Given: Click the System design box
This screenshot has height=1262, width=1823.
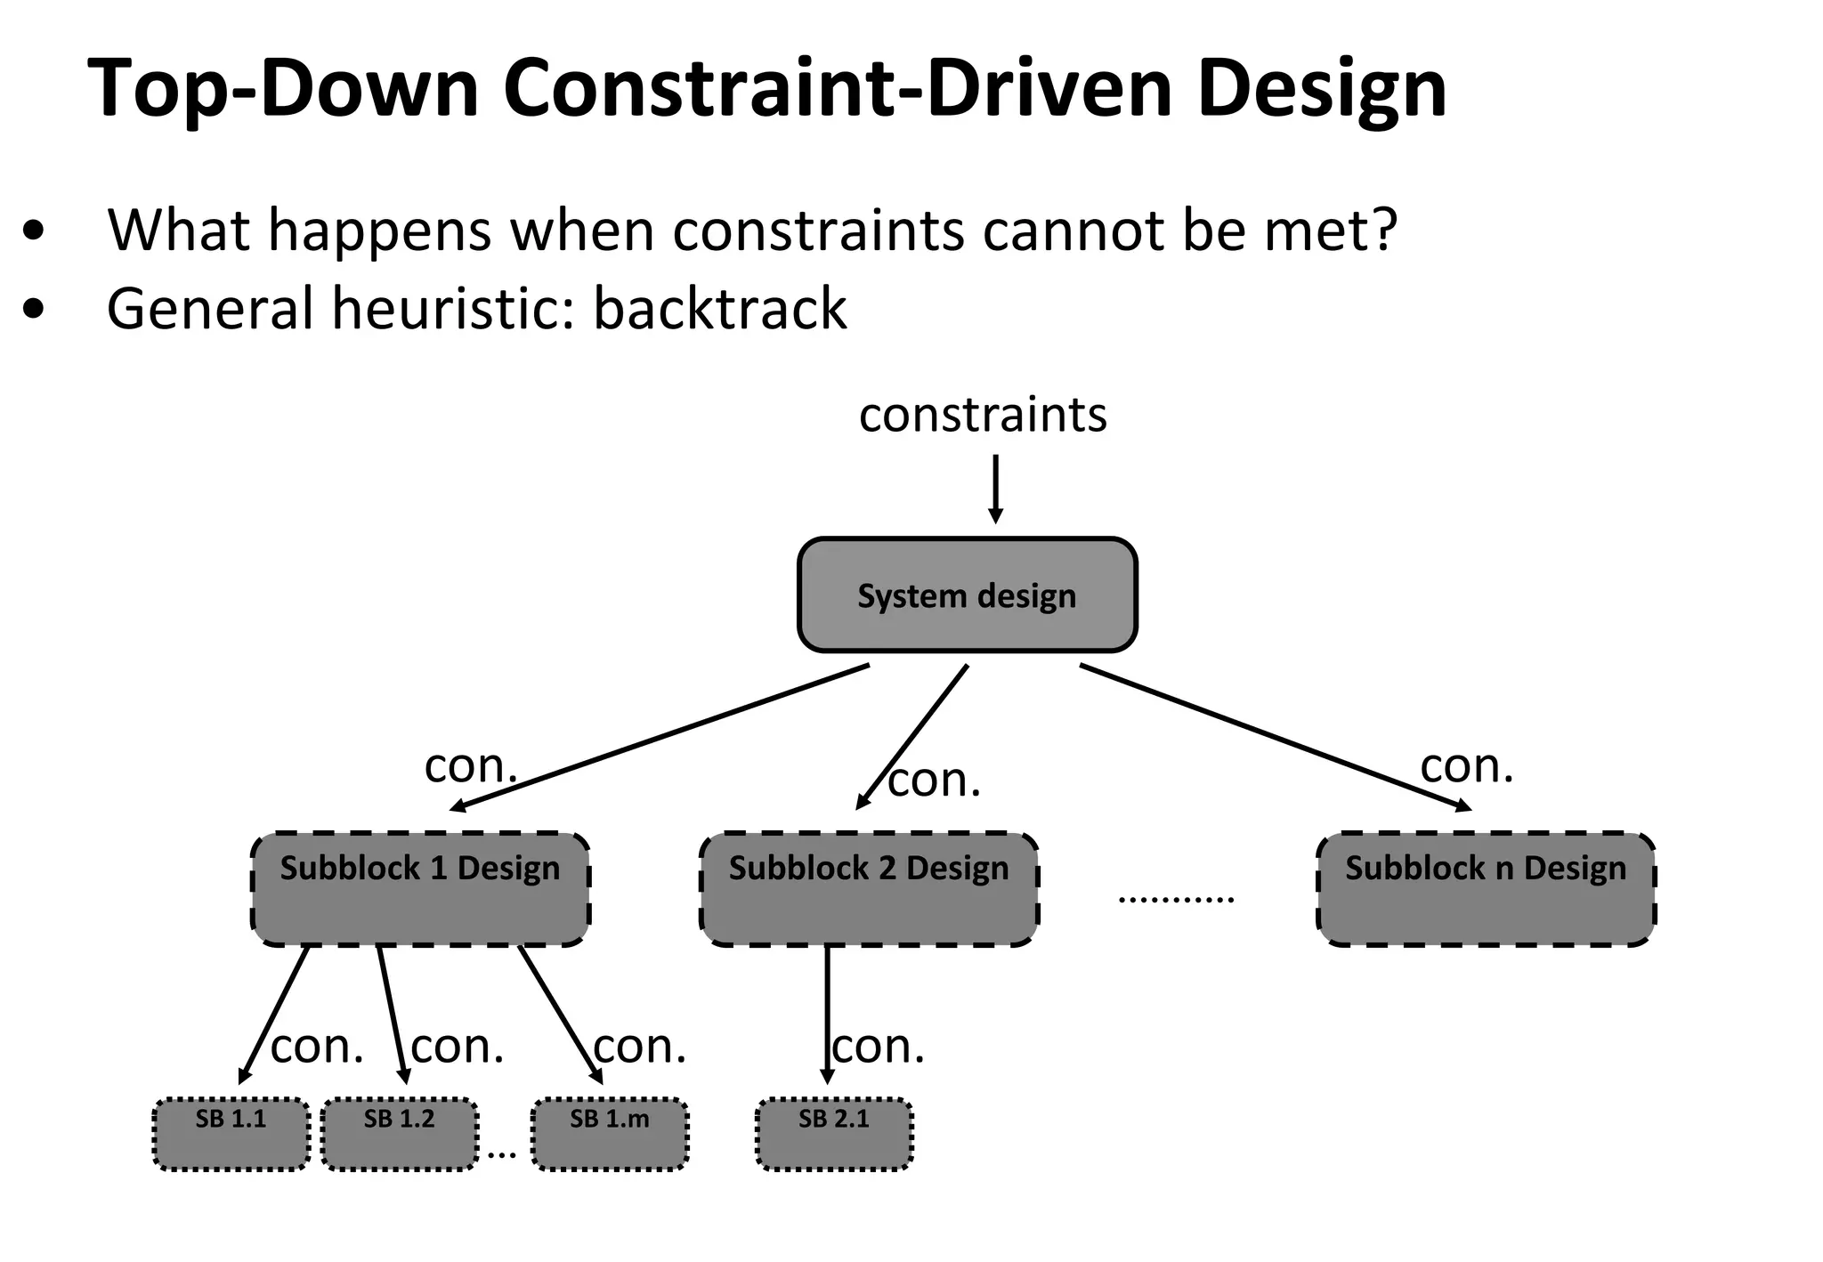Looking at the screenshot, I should coord(967,595).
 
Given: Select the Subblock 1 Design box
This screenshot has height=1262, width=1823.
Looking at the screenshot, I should coord(420,889).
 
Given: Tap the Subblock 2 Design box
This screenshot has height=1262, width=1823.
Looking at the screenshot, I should coord(869,889).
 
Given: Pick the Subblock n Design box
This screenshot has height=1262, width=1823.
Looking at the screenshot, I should coord(1486,889).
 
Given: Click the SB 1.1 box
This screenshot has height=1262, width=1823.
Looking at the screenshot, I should coord(231,1134).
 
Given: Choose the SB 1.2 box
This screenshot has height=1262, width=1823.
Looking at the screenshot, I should coord(399,1134).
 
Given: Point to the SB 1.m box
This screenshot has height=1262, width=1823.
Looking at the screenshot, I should coord(610,1134).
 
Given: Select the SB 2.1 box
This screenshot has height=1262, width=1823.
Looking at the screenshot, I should coord(834,1134).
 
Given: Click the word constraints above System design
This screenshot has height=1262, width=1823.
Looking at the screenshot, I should coord(983,415).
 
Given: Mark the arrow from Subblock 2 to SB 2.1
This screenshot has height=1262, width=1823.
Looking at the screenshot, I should coord(827,1015).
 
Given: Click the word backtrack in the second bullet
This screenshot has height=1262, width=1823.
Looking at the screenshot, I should coord(719,309).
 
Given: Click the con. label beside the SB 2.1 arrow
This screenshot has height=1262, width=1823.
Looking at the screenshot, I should coord(879,1047).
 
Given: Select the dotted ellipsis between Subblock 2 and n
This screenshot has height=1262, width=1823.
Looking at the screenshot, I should coord(1176,899).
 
